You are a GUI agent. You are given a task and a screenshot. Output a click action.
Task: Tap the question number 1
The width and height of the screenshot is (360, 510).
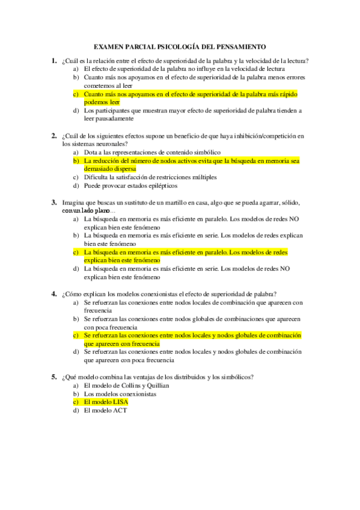pos(53,60)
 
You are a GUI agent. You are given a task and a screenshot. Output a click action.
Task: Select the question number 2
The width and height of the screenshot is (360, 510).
pos(53,136)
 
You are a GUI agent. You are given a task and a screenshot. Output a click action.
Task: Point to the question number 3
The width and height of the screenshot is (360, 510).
pos(53,203)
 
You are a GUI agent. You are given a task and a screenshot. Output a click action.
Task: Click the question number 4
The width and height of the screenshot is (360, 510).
pos(53,293)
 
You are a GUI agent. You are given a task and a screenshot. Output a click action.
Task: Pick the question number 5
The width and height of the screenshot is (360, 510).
pos(53,376)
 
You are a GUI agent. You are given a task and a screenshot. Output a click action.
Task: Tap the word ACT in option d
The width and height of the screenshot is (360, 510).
pos(120,410)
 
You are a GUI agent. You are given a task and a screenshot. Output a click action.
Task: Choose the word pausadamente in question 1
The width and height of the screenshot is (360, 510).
pos(108,119)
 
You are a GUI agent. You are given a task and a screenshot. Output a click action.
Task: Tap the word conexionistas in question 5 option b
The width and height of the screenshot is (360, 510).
pos(136,393)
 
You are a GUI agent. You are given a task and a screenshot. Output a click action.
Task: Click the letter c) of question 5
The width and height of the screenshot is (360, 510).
pos(76,402)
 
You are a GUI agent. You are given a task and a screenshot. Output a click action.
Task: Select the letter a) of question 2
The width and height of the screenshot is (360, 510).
pos(76,153)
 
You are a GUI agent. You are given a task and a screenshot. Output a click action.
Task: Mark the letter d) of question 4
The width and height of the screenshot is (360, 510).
pos(76,352)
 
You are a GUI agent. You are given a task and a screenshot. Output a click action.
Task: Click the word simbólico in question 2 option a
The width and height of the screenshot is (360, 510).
pos(205,153)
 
